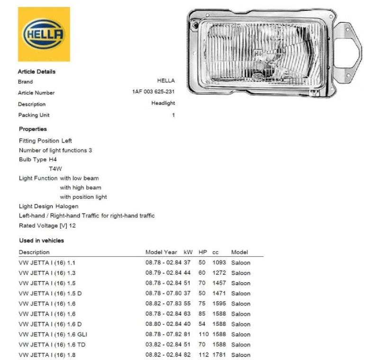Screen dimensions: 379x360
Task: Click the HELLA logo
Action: [44, 34]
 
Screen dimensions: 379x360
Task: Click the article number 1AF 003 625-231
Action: [153, 91]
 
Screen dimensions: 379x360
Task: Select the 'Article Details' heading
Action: [36, 72]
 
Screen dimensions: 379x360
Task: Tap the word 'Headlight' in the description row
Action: [163, 103]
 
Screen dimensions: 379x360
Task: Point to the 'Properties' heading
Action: [33, 129]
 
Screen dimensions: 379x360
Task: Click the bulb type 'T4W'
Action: [55, 169]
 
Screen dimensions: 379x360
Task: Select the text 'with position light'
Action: [83, 197]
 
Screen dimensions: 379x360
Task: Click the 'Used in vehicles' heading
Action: [42, 241]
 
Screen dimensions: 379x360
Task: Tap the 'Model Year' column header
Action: [161, 252]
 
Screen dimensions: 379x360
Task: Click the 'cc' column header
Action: [216, 253]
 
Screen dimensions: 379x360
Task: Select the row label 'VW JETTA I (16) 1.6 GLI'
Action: [53, 334]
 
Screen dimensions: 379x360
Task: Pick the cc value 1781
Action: [219, 355]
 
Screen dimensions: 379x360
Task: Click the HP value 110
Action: [204, 334]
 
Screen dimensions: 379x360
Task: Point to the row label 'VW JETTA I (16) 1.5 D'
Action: [50, 293]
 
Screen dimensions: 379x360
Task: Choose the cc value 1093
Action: [219, 262]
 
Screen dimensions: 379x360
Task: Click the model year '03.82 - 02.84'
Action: [163, 344]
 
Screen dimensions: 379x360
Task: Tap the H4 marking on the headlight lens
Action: [258, 54]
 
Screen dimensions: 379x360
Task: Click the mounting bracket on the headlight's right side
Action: [348, 52]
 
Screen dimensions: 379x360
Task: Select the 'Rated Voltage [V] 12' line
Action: [47, 225]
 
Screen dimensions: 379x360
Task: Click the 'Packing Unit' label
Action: [34, 115]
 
